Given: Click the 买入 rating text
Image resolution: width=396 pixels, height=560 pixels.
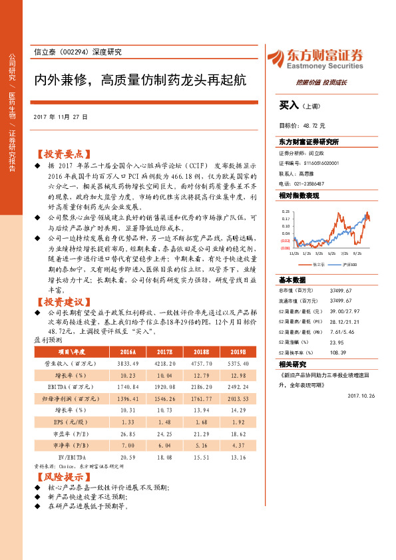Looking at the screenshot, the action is tap(289, 105).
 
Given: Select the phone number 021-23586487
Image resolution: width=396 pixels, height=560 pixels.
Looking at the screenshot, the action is tap(306, 183).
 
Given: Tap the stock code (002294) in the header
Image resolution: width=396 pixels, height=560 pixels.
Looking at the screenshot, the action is tap(77, 52).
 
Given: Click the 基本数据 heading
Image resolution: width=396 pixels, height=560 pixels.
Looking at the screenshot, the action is tap(292, 280).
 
